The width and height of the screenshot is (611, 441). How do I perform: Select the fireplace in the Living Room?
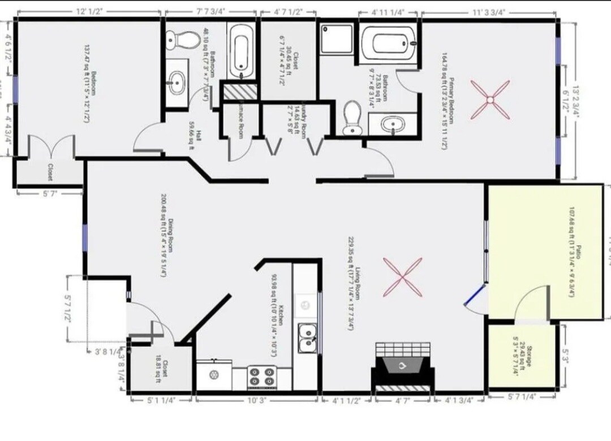[403, 367]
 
